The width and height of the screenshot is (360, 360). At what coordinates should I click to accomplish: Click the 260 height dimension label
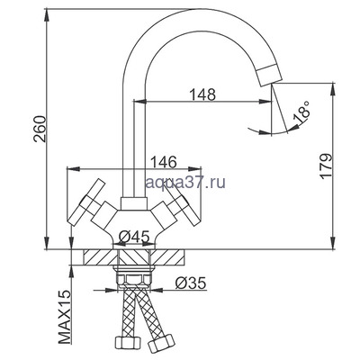tap(40, 129)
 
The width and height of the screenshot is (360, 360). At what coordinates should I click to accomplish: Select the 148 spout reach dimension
tap(202, 94)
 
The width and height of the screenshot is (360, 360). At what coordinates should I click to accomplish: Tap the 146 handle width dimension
tap(163, 162)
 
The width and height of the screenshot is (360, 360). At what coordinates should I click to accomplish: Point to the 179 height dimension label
tap(326, 166)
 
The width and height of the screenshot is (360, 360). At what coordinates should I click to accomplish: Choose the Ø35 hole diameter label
tap(191, 283)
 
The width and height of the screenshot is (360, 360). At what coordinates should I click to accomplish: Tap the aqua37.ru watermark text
tap(185, 182)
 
